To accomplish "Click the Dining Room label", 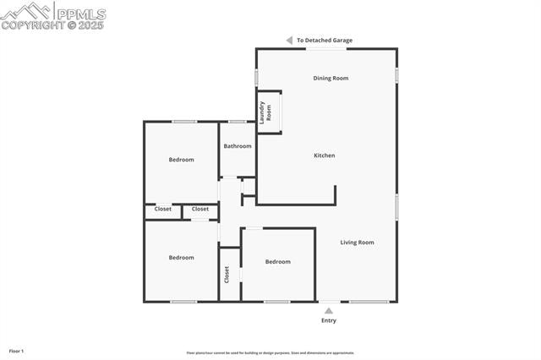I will point(331,79).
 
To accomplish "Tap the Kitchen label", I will point(325,155).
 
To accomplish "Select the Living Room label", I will point(357,243).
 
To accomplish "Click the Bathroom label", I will point(238,146).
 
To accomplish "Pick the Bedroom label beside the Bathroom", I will point(181,160).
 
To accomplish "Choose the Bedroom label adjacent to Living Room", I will point(277,262).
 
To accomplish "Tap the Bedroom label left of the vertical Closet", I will point(181,258).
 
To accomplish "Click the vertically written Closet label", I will point(227,275).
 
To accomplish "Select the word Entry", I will point(329,320).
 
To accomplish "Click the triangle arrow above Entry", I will point(329,310).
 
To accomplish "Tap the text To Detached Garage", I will point(324,41).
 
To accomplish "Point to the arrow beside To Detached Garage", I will point(288,41).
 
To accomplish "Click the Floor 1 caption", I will point(16,350).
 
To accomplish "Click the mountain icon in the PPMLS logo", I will point(25,11).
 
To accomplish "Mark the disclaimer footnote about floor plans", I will point(270,353).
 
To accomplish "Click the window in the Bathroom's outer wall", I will point(238,122).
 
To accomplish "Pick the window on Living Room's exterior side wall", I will point(396,207).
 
